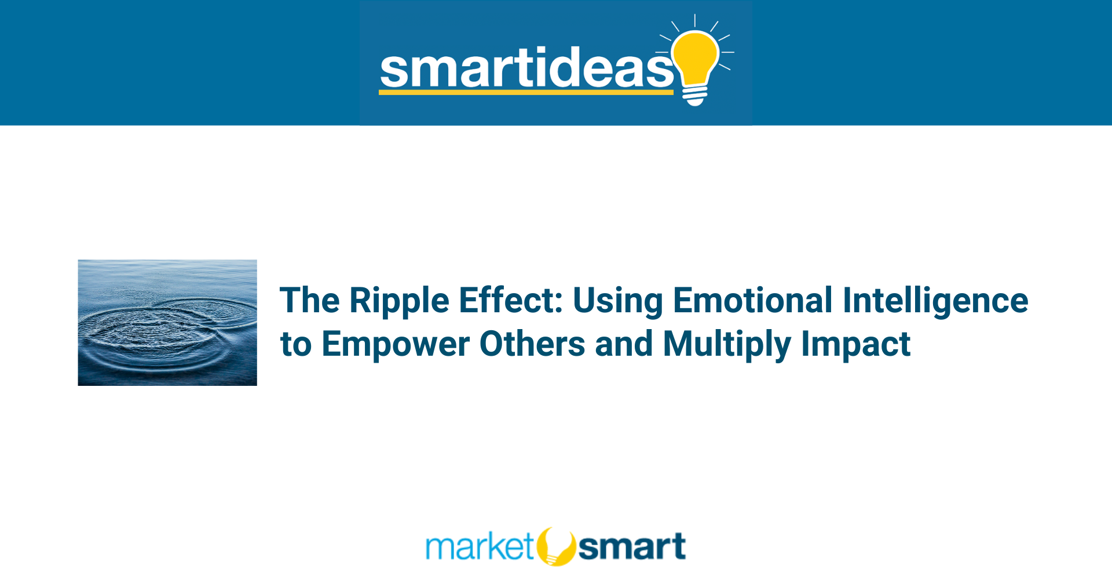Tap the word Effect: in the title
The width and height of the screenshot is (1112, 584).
click(510, 300)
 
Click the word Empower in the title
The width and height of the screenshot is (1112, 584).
click(396, 345)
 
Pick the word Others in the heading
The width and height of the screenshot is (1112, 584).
click(532, 344)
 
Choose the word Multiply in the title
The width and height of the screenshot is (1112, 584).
click(727, 345)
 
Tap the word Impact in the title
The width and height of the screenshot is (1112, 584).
click(855, 345)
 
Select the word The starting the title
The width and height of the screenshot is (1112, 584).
click(310, 300)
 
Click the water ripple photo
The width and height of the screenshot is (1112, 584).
click(167, 323)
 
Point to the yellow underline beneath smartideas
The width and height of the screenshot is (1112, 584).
click(526, 92)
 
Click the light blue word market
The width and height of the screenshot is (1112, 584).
click(480, 546)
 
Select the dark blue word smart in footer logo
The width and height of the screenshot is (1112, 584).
click(632, 547)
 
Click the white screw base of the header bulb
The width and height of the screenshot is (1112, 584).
click(695, 96)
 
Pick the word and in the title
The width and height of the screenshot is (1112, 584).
click(624, 344)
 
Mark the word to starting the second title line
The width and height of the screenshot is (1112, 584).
click(296, 345)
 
